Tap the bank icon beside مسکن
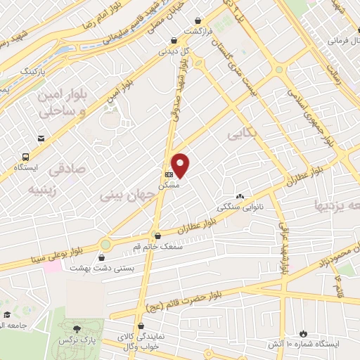point(168,174)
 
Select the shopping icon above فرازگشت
point(203,22)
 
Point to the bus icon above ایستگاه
point(26,157)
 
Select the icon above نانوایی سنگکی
point(240,197)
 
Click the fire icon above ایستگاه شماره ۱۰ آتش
point(302,333)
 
